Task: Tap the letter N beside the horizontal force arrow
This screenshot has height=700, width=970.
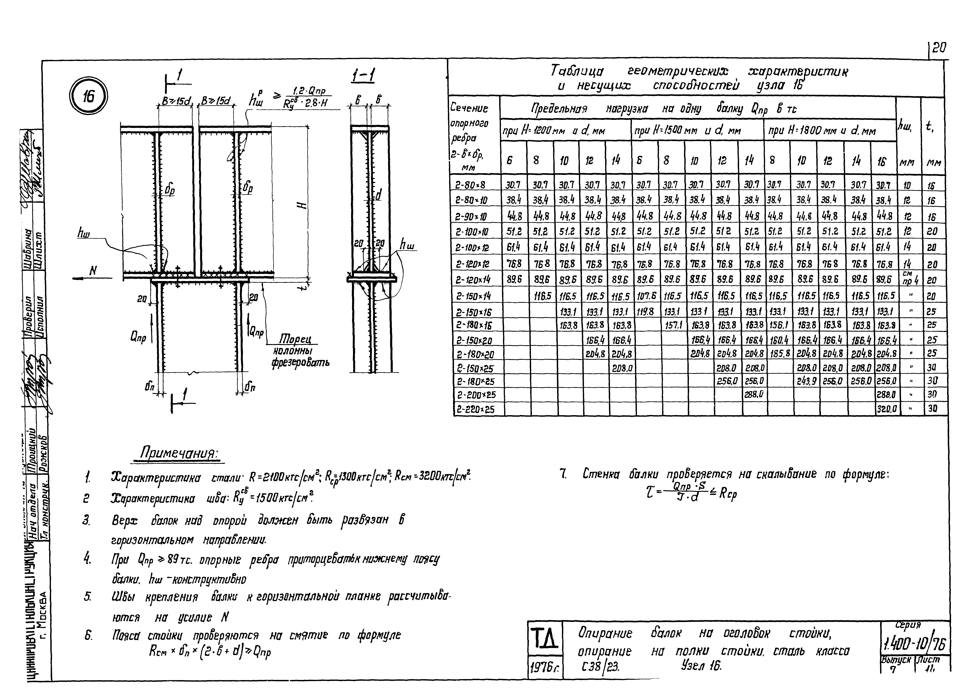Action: tap(93, 270)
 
